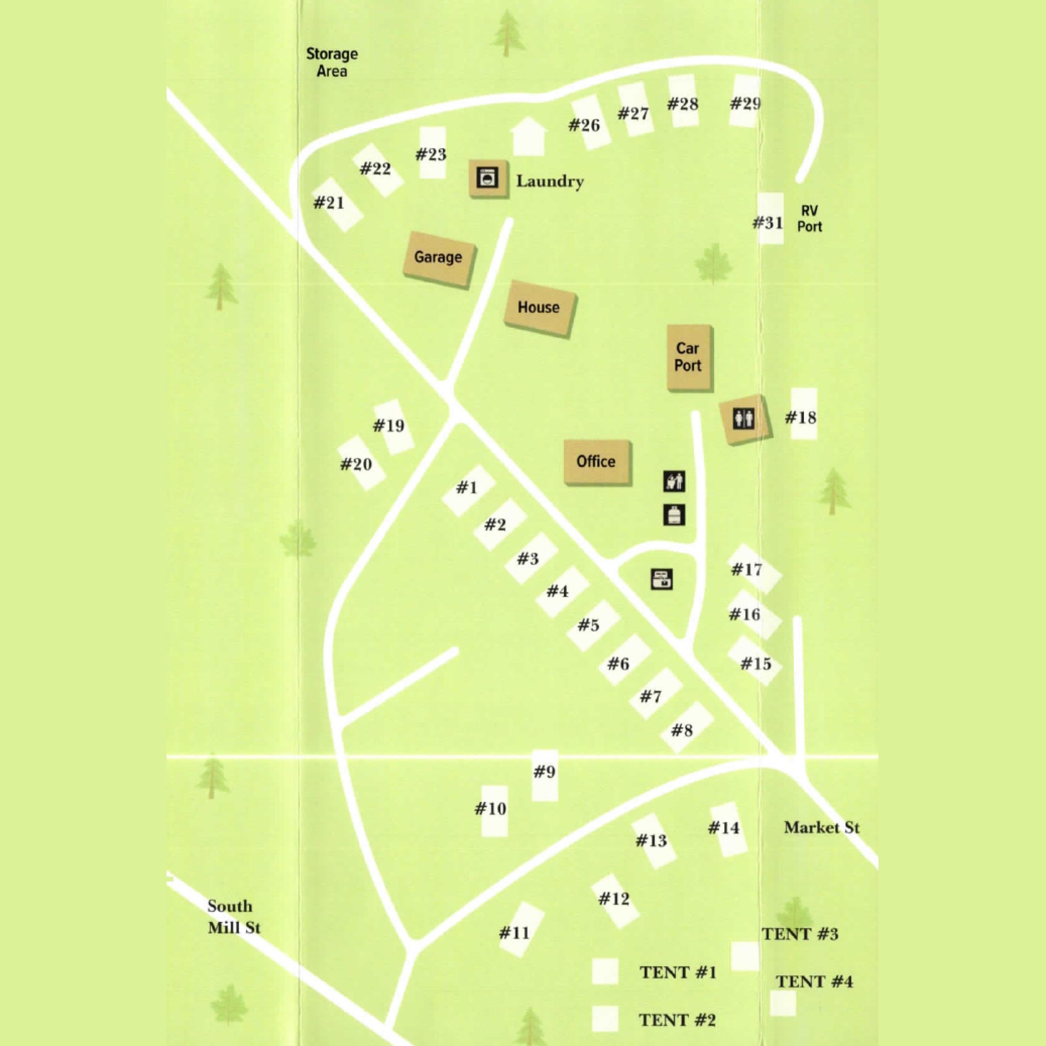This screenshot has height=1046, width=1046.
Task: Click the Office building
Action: [597, 462]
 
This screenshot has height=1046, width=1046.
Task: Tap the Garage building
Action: [439, 258]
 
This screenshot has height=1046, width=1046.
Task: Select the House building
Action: [539, 308]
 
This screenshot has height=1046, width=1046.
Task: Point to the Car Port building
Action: [688, 358]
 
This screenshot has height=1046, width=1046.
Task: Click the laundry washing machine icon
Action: [488, 178]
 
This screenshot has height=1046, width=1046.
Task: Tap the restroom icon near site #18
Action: [744, 418]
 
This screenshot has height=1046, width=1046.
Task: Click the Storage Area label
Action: [332, 62]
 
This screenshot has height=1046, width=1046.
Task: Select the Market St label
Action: [821, 827]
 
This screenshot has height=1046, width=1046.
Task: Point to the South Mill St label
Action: [234, 917]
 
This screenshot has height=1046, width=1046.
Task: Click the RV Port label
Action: [810, 219]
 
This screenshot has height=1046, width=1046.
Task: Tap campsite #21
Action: [337, 204]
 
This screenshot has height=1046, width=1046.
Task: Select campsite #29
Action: [746, 102]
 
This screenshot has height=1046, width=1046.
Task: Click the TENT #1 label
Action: [678, 972]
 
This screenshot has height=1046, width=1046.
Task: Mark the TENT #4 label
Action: [814, 982]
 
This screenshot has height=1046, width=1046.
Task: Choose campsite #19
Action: [394, 426]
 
